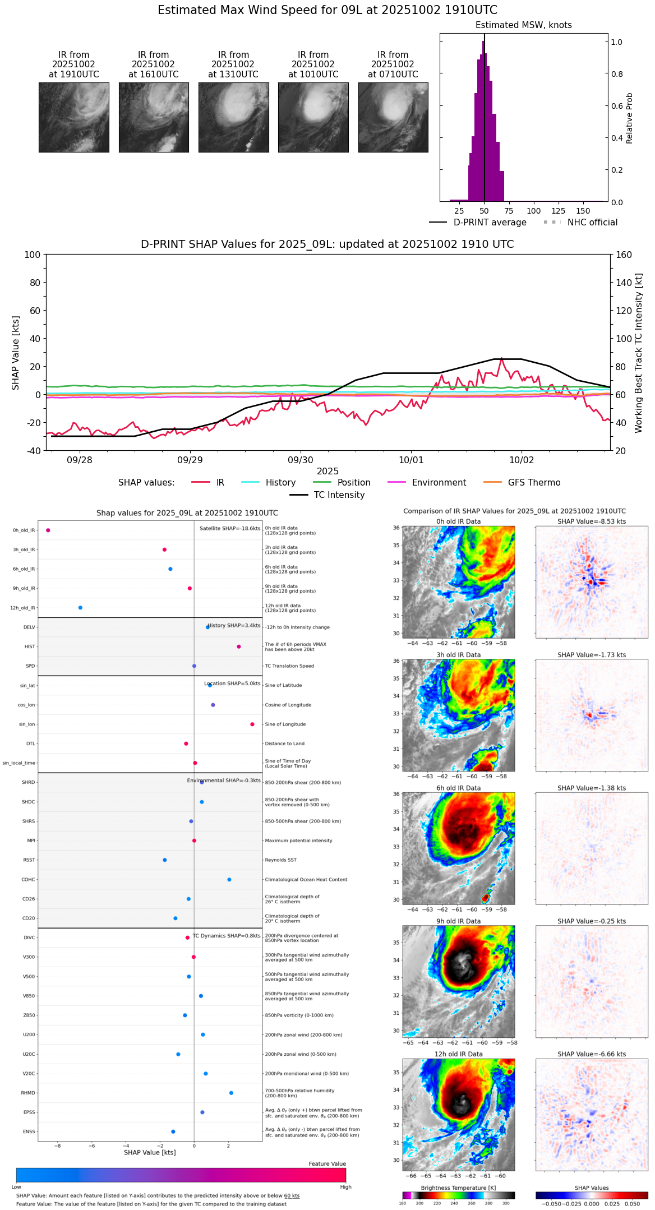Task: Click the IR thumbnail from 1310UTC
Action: click(x=233, y=117)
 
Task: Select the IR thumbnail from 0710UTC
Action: click(x=393, y=117)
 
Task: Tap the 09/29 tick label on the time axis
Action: click(x=190, y=460)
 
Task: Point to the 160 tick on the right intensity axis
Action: click(x=624, y=255)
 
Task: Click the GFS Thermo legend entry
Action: click(x=534, y=482)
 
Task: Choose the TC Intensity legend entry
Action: click(x=339, y=495)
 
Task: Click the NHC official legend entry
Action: click(x=592, y=222)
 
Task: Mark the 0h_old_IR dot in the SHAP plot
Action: click(x=48, y=530)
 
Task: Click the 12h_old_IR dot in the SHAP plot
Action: click(x=80, y=607)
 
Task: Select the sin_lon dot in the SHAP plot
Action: click(x=252, y=724)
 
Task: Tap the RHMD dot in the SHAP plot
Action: click(x=231, y=1092)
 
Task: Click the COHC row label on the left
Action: click(x=28, y=879)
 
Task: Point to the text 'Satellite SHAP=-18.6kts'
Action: click(x=230, y=528)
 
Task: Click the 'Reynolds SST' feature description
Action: click(x=280, y=860)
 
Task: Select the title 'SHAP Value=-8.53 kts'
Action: click(x=592, y=521)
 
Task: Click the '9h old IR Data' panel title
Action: click(x=458, y=921)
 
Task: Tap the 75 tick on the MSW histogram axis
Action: click(x=509, y=211)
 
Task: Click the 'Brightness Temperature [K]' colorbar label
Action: click(x=458, y=1188)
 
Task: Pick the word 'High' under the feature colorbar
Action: click(x=345, y=1186)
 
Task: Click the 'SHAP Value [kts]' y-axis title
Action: click(x=16, y=353)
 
